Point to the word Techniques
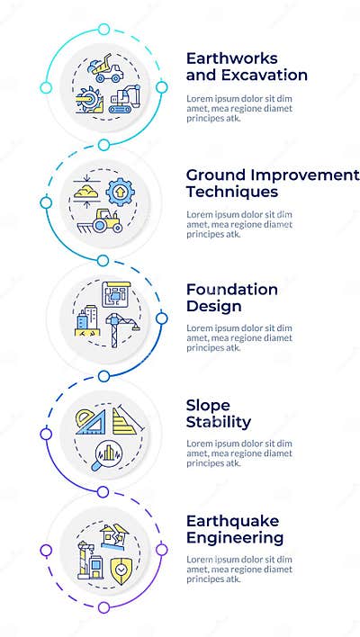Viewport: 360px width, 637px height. pos(231,192)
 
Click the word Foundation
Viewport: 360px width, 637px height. pos(232,289)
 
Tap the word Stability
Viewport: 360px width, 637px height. pos(219,421)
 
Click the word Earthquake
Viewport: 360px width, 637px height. pos(233,521)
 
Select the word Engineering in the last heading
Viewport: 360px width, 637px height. pos(235,538)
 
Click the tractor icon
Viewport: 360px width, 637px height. pos(108,221)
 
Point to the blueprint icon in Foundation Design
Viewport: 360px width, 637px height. pos(116,295)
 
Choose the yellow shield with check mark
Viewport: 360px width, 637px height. pos(120,569)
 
